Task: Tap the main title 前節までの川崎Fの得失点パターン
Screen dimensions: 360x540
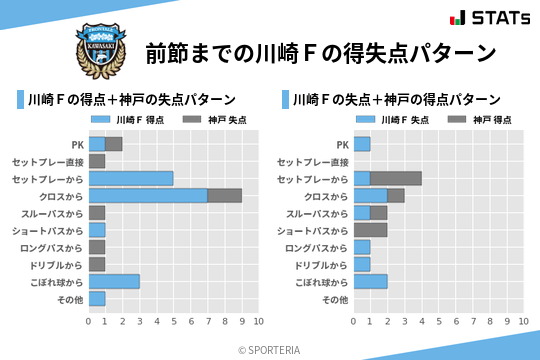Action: pyautogui.click(x=320, y=52)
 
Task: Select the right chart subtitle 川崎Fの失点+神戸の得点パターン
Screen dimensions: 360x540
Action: pyautogui.click(x=397, y=100)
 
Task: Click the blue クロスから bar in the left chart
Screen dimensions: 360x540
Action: pyautogui.click(x=148, y=195)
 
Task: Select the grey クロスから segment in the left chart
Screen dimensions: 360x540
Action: pyautogui.click(x=224, y=195)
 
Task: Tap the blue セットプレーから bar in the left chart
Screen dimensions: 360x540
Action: pyautogui.click(x=131, y=178)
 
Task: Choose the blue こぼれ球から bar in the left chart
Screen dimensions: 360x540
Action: pyautogui.click(x=114, y=281)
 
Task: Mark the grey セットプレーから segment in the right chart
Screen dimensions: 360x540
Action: pyautogui.click(x=396, y=178)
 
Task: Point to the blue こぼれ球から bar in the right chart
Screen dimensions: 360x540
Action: pyautogui.click(x=371, y=281)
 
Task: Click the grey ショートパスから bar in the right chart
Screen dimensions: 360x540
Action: pyautogui.click(x=371, y=230)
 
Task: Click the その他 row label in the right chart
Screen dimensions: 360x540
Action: pyautogui.click(x=336, y=299)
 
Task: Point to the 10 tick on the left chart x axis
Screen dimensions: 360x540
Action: pyautogui.click(x=258, y=321)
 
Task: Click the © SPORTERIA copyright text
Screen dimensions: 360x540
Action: pyautogui.click(x=269, y=349)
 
